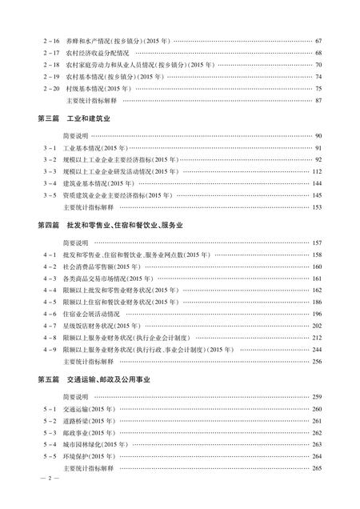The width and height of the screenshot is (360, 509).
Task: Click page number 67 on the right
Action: (x=318, y=41)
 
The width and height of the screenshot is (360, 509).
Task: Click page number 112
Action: (x=317, y=171)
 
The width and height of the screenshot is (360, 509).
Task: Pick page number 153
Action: (x=317, y=206)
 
